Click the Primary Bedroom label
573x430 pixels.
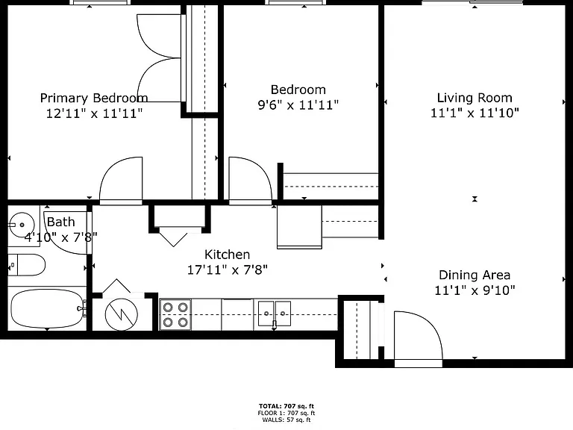coord(94,98)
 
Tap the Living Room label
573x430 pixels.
coord(475,98)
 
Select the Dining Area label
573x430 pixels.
coord(475,275)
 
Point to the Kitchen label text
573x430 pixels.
coord(227,255)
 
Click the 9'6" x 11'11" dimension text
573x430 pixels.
coord(298,105)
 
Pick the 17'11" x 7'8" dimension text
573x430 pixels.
coord(228,270)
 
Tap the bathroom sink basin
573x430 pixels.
coord(21,225)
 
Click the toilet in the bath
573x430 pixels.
coord(27,265)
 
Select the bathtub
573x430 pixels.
coord(47,308)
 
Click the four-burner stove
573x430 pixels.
coord(175,315)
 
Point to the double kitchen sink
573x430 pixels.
coord(275,314)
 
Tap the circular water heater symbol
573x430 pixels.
coord(122,314)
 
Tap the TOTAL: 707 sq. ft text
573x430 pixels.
coord(286,406)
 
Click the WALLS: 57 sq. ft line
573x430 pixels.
coord(286,420)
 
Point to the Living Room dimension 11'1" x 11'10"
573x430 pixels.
coord(475,113)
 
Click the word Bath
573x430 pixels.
coord(61,222)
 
